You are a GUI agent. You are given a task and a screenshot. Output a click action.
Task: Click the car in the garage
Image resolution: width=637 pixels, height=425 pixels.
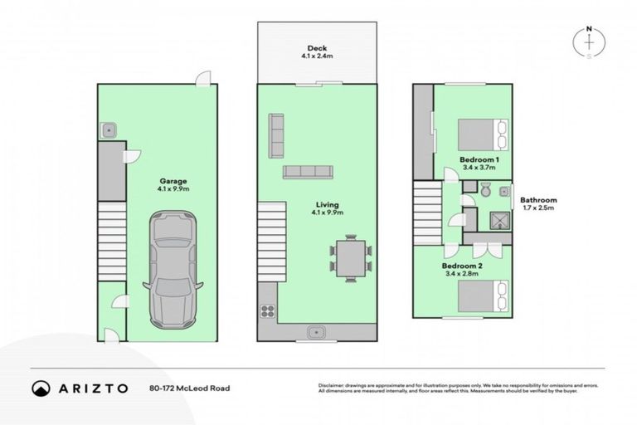coord(173,270)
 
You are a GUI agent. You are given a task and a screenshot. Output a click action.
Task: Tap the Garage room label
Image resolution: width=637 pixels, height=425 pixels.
coord(173,180)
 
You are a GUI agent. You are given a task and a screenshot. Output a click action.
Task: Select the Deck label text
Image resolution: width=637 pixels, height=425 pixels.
coord(316,48)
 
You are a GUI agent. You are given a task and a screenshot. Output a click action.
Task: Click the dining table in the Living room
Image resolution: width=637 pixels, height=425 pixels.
coord(351,258)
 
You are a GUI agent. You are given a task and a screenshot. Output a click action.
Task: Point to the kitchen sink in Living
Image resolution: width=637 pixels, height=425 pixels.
coord(316,333)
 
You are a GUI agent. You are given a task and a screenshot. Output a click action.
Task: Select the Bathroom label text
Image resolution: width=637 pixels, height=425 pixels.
coord(538,200)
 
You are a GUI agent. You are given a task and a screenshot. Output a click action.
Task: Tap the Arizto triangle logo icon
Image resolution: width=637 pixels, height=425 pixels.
coord(40,388)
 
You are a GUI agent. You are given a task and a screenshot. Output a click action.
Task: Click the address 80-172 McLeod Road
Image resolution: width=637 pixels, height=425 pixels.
coord(189,388)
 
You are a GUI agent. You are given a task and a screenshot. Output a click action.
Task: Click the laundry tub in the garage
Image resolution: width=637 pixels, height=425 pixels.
coord(108,129)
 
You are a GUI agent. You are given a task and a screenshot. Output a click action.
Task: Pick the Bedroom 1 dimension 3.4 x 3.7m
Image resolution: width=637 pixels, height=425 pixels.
coord(479,167)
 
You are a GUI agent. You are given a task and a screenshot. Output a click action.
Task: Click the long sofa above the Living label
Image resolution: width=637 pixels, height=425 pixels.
coord(308,172)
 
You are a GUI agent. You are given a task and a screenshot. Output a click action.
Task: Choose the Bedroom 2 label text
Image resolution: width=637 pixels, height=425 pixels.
coord(463,265)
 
